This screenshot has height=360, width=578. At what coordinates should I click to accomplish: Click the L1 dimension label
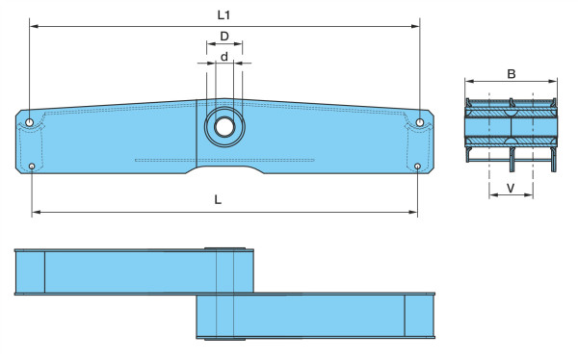223,15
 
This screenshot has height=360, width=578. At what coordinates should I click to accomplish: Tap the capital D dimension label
224,37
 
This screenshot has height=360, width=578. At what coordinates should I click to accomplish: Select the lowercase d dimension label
224,57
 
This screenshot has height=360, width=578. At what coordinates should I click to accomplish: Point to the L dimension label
218,199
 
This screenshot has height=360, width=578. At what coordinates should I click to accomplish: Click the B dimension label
512,74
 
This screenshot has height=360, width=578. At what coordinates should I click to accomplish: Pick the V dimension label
511,189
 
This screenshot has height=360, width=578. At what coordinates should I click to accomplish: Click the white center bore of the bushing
224,127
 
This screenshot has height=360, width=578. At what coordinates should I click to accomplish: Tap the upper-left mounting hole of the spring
30,122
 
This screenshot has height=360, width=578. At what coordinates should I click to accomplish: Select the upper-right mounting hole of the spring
419,122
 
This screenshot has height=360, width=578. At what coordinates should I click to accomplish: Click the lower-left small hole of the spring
32,167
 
